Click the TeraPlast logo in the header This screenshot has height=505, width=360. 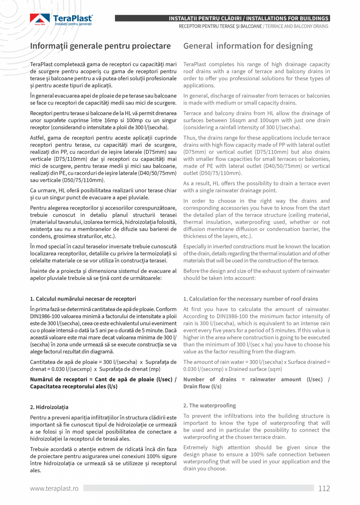61,20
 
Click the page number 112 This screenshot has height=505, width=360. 324,488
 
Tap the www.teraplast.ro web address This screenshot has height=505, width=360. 54,489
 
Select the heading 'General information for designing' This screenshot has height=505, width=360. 248,46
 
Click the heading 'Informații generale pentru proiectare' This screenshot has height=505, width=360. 101,46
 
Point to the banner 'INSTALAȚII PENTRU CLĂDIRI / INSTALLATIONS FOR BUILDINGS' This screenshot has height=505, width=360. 248,18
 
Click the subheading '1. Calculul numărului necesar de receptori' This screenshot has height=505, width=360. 83,299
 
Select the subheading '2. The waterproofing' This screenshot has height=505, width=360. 210,405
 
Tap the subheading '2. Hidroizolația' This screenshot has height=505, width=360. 49,407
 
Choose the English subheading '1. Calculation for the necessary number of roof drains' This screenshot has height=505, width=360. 250,299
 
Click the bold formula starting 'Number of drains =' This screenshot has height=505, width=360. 256,383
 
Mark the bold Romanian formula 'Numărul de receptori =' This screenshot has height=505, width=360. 103,383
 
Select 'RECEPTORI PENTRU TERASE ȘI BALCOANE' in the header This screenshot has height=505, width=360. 220,27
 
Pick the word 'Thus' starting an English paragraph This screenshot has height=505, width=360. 189,138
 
